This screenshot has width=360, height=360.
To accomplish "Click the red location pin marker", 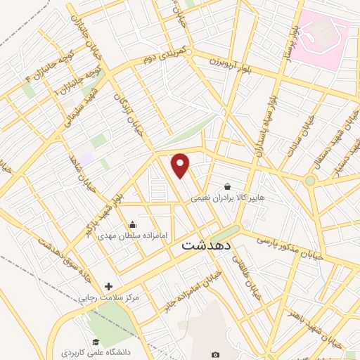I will pos(181,165).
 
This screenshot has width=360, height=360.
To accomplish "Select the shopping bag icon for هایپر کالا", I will pos(228,187).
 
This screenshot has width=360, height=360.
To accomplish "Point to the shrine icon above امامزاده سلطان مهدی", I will pos(132,225).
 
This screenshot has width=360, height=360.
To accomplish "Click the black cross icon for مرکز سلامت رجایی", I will pos(108,286).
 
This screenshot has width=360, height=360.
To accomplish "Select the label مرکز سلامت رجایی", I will pos(112,297).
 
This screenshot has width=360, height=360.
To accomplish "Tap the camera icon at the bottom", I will pos(215,354).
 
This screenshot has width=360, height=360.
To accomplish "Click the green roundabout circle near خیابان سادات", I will pos(310,181).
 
